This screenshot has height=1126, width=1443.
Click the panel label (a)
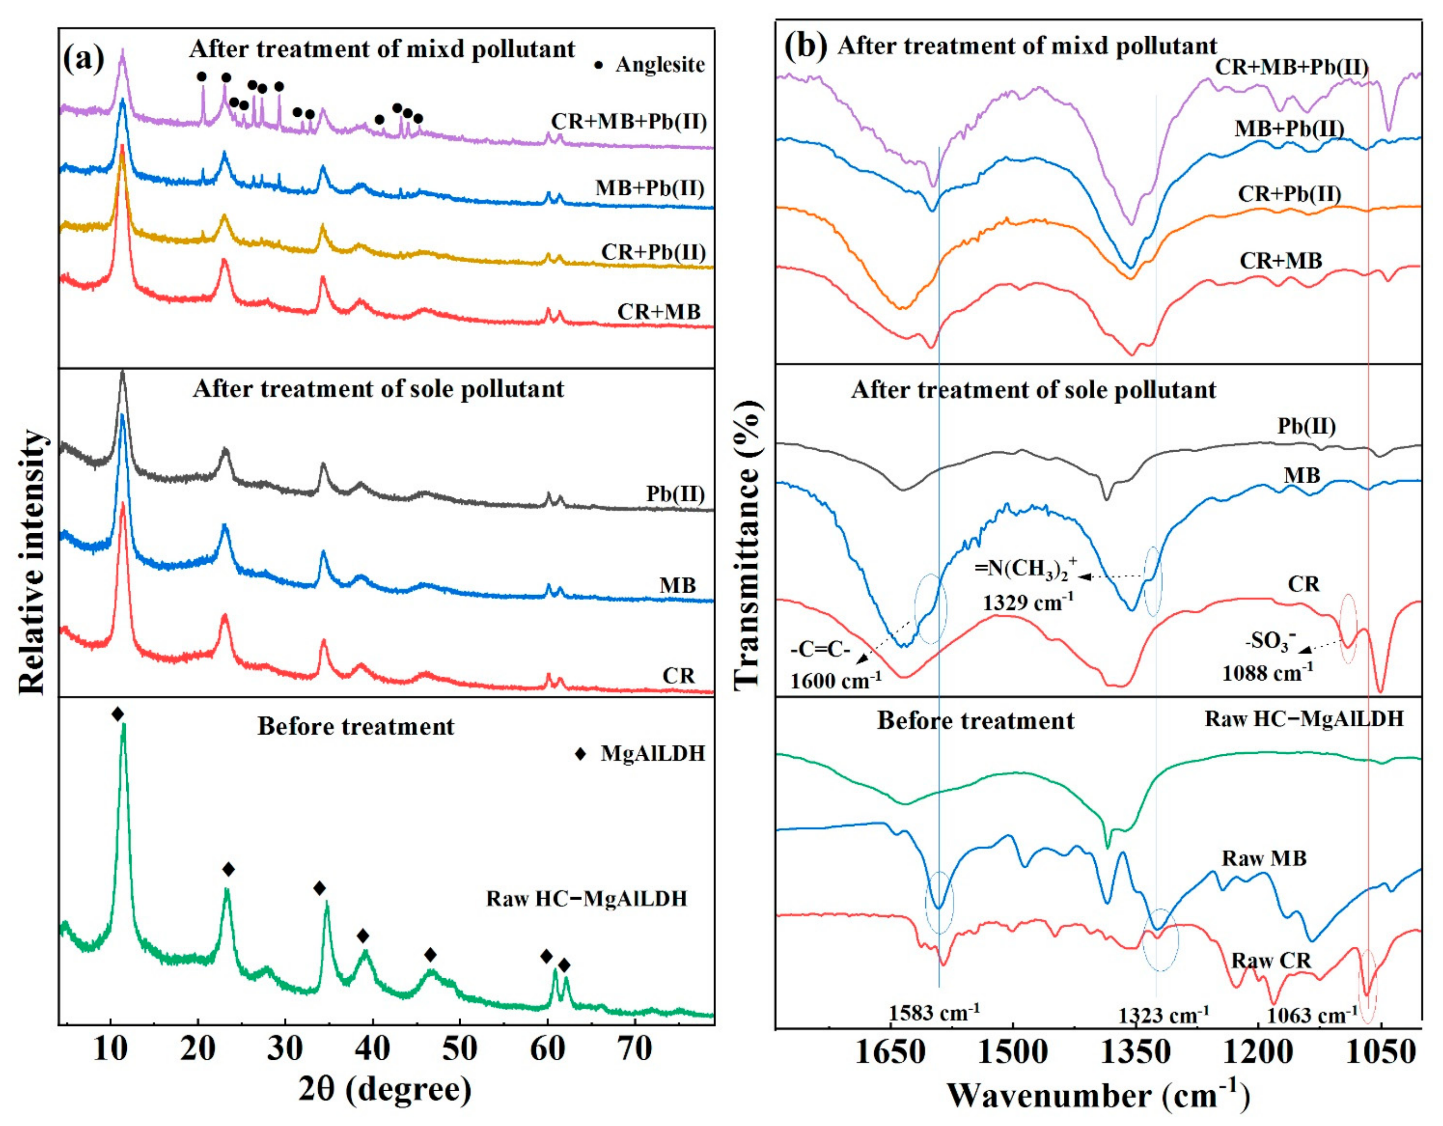[84, 60]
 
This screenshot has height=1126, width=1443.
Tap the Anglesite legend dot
[599, 65]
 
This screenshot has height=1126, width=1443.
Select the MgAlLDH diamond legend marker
[580, 754]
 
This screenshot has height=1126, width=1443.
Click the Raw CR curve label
[1271, 960]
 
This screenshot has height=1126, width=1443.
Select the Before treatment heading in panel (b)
[975, 720]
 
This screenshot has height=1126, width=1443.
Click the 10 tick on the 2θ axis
[111, 1049]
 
